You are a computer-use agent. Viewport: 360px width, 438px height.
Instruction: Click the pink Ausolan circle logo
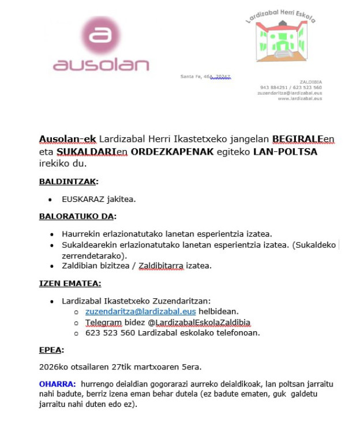pyautogui.click(x=100, y=35)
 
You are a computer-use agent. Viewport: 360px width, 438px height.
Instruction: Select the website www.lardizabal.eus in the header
pyautogui.click(x=299, y=99)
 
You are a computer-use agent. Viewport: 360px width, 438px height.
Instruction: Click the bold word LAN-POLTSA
pyautogui.click(x=286, y=152)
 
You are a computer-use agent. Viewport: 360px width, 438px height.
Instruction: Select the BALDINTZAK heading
pyautogui.click(x=68, y=182)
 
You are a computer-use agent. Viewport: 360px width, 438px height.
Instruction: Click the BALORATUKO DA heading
pyautogui.click(x=77, y=216)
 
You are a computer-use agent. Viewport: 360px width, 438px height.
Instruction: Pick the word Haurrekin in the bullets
pyautogui.click(x=80, y=234)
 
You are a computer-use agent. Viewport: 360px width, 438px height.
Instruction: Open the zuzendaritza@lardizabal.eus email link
pyautogui.click(x=140, y=312)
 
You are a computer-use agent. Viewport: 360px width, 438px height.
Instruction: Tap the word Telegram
pyautogui.click(x=104, y=322)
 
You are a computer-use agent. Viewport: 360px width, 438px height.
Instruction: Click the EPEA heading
pyautogui.click(x=51, y=350)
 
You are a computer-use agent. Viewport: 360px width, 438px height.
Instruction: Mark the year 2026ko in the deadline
pyautogui.click(x=55, y=366)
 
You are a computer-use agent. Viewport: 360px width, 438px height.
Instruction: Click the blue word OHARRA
pyautogui.click(x=57, y=384)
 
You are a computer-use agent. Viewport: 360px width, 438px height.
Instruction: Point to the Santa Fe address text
pyautogui.click(x=205, y=76)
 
